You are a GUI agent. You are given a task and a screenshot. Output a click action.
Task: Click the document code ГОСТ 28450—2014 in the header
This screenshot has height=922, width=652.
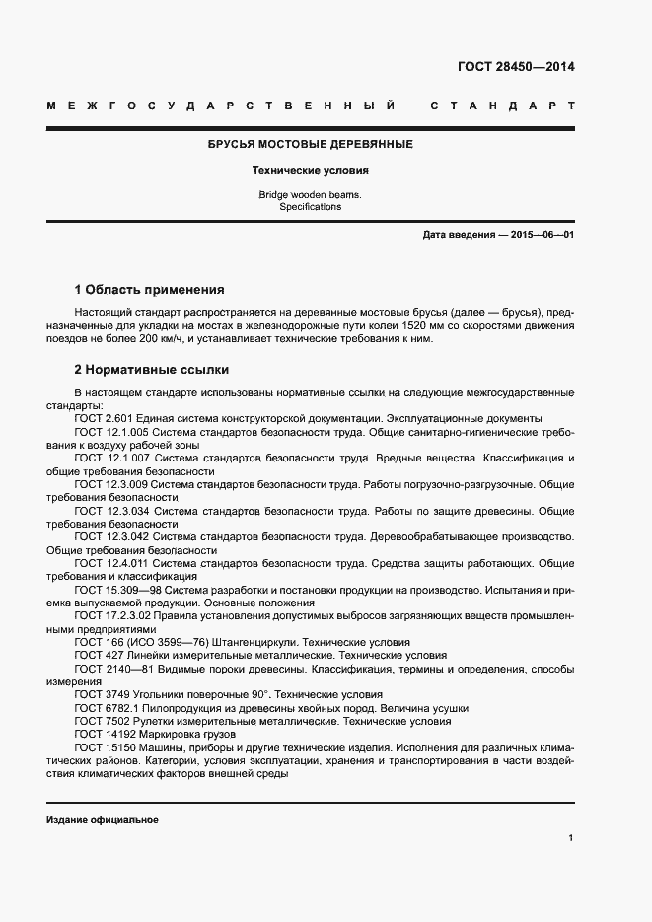click(516, 67)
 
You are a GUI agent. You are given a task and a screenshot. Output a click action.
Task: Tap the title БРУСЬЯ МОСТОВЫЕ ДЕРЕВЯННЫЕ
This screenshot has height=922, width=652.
click(310, 145)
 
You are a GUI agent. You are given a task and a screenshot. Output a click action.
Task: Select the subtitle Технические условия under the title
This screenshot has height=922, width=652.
click(310, 170)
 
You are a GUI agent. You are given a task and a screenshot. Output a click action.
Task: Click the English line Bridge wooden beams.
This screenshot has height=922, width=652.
click(310, 195)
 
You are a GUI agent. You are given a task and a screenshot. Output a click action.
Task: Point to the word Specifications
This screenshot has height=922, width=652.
click(310, 207)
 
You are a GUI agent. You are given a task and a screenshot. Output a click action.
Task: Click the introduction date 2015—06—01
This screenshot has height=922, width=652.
click(541, 235)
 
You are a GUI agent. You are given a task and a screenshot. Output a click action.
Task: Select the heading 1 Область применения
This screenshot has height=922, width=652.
click(149, 290)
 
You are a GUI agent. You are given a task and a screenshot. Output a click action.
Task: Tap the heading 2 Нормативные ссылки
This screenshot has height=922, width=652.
click(152, 370)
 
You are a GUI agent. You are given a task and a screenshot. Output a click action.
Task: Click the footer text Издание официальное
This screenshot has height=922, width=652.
click(102, 820)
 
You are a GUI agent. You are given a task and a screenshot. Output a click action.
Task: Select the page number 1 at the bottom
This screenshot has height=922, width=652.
click(571, 837)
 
